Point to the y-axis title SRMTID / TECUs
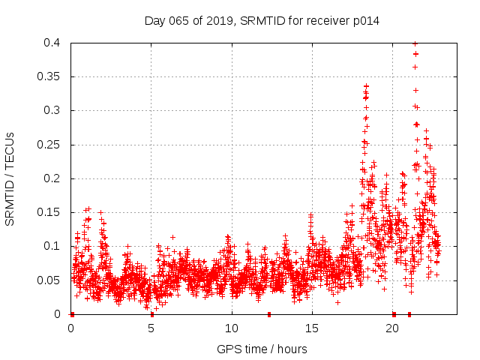click(x=10, y=178)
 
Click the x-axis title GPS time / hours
click(x=262, y=349)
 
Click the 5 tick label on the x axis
click(x=151, y=328)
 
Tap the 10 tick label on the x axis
click(x=232, y=328)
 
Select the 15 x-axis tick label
click(x=312, y=328)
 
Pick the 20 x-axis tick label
click(x=392, y=328)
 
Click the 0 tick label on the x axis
click(x=71, y=328)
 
